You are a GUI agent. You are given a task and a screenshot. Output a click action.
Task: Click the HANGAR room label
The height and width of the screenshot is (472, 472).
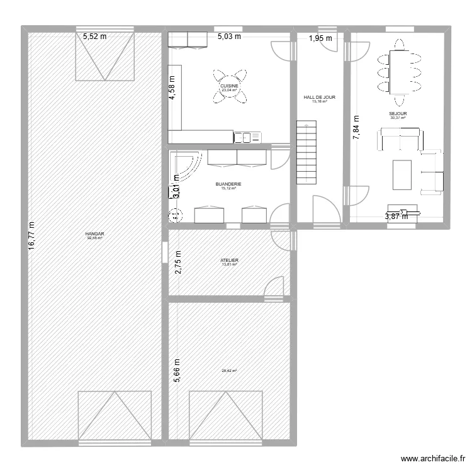click(x=95, y=234)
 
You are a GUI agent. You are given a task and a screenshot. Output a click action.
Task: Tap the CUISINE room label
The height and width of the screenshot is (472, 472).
click(x=229, y=86)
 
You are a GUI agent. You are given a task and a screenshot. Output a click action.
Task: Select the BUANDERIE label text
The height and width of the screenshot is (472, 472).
click(x=228, y=184)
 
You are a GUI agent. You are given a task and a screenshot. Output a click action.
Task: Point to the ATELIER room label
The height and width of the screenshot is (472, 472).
click(x=229, y=260)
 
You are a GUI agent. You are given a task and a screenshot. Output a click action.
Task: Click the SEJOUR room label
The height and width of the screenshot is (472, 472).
click(x=398, y=114)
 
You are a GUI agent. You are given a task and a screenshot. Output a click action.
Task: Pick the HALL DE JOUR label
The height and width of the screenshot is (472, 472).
click(x=319, y=98)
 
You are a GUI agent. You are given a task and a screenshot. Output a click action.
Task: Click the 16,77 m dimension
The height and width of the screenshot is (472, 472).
click(x=32, y=236)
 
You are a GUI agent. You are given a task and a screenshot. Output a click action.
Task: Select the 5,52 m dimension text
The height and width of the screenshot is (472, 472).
click(x=95, y=37)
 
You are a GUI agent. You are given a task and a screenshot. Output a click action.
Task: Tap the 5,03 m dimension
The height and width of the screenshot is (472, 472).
click(x=229, y=37)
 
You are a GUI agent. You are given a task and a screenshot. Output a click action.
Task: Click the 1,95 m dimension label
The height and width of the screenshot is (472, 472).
click(x=319, y=38)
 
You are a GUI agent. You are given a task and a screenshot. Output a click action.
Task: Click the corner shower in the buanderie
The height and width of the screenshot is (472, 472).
click(x=184, y=165)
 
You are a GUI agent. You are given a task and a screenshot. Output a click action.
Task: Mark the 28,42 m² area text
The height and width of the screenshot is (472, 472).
click(x=229, y=371)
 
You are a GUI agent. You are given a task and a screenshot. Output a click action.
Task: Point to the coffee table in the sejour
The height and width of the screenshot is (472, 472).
click(x=402, y=174)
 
